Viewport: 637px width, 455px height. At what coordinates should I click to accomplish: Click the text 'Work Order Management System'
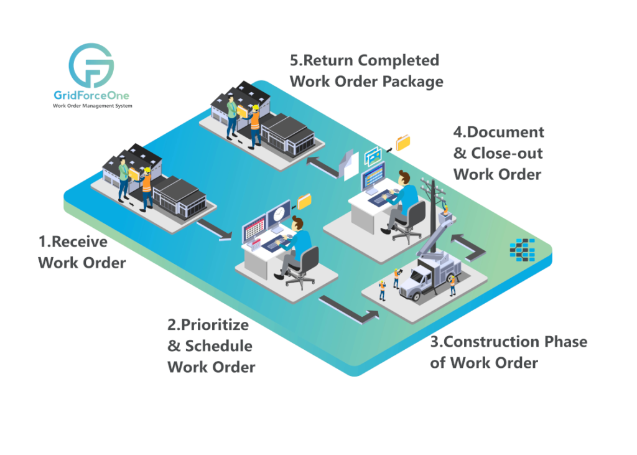click(92, 106)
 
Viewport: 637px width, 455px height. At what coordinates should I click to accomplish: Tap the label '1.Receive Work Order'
click(81, 252)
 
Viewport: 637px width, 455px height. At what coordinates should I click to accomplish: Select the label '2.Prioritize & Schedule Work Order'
click(211, 346)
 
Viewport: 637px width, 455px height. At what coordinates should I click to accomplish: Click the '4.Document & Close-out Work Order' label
click(498, 153)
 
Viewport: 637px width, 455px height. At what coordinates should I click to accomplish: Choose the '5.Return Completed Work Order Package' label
click(366, 71)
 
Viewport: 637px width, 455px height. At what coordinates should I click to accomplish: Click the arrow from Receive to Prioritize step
click(215, 230)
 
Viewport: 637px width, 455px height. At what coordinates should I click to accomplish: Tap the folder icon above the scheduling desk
click(304, 201)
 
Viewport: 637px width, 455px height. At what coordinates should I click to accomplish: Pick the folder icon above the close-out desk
click(403, 143)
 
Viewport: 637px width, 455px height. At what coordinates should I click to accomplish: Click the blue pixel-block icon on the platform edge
click(521, 248)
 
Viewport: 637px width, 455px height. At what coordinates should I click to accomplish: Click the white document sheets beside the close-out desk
click(349, 164)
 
